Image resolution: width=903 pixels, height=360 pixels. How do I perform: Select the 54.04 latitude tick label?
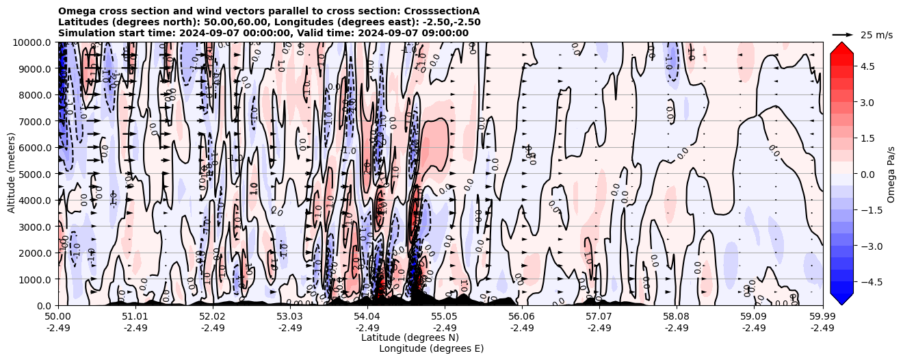[367, 317]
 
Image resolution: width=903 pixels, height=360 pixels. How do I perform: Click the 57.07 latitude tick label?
[599, 317]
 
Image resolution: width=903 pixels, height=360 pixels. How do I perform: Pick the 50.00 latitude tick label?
[58, 317]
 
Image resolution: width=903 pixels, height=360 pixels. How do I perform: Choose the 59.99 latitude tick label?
[822, 317]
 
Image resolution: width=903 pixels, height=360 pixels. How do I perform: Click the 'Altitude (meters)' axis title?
[12, 174]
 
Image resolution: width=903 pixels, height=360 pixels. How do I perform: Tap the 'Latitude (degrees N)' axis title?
[410, 337]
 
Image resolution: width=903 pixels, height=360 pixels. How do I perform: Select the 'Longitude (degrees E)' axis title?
[431, 348]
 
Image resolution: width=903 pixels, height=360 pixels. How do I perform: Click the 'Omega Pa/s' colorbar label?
[891, 174]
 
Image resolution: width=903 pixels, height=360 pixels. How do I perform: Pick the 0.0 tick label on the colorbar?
[867, 174]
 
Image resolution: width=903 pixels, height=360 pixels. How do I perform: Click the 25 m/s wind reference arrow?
[842, 34]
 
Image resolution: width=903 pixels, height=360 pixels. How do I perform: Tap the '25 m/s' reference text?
[876, 34]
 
